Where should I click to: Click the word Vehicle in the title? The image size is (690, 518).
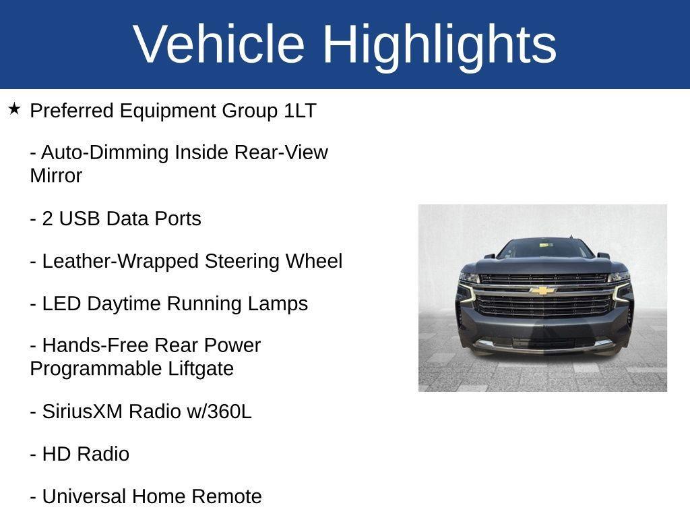219,44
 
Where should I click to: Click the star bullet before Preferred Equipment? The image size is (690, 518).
15,109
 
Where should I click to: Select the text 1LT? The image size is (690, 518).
300,111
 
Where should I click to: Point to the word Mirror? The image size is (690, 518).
56,176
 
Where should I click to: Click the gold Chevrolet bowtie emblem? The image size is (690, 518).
542,291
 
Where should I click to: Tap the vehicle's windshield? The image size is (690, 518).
544,249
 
